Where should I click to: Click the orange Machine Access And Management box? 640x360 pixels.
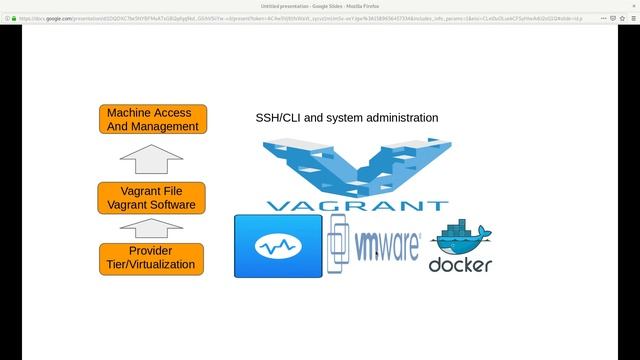pos(152,119)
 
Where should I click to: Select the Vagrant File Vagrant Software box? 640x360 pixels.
pos(152,197)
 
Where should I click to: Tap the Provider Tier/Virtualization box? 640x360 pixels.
pos(152,258)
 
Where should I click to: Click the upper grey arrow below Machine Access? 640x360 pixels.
pos(151,158)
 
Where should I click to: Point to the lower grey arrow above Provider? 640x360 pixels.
pos(151,228)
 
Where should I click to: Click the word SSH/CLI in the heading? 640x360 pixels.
pos(277,118)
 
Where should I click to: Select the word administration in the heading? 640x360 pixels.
pos(400,118)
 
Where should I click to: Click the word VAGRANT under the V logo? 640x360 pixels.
pos(357,206)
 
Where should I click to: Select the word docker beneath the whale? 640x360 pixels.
pos(460,266)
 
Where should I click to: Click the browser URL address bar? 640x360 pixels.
pos(300,17)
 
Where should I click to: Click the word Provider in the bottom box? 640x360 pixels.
pos(151,251)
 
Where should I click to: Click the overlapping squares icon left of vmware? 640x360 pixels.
pos(338,245)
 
